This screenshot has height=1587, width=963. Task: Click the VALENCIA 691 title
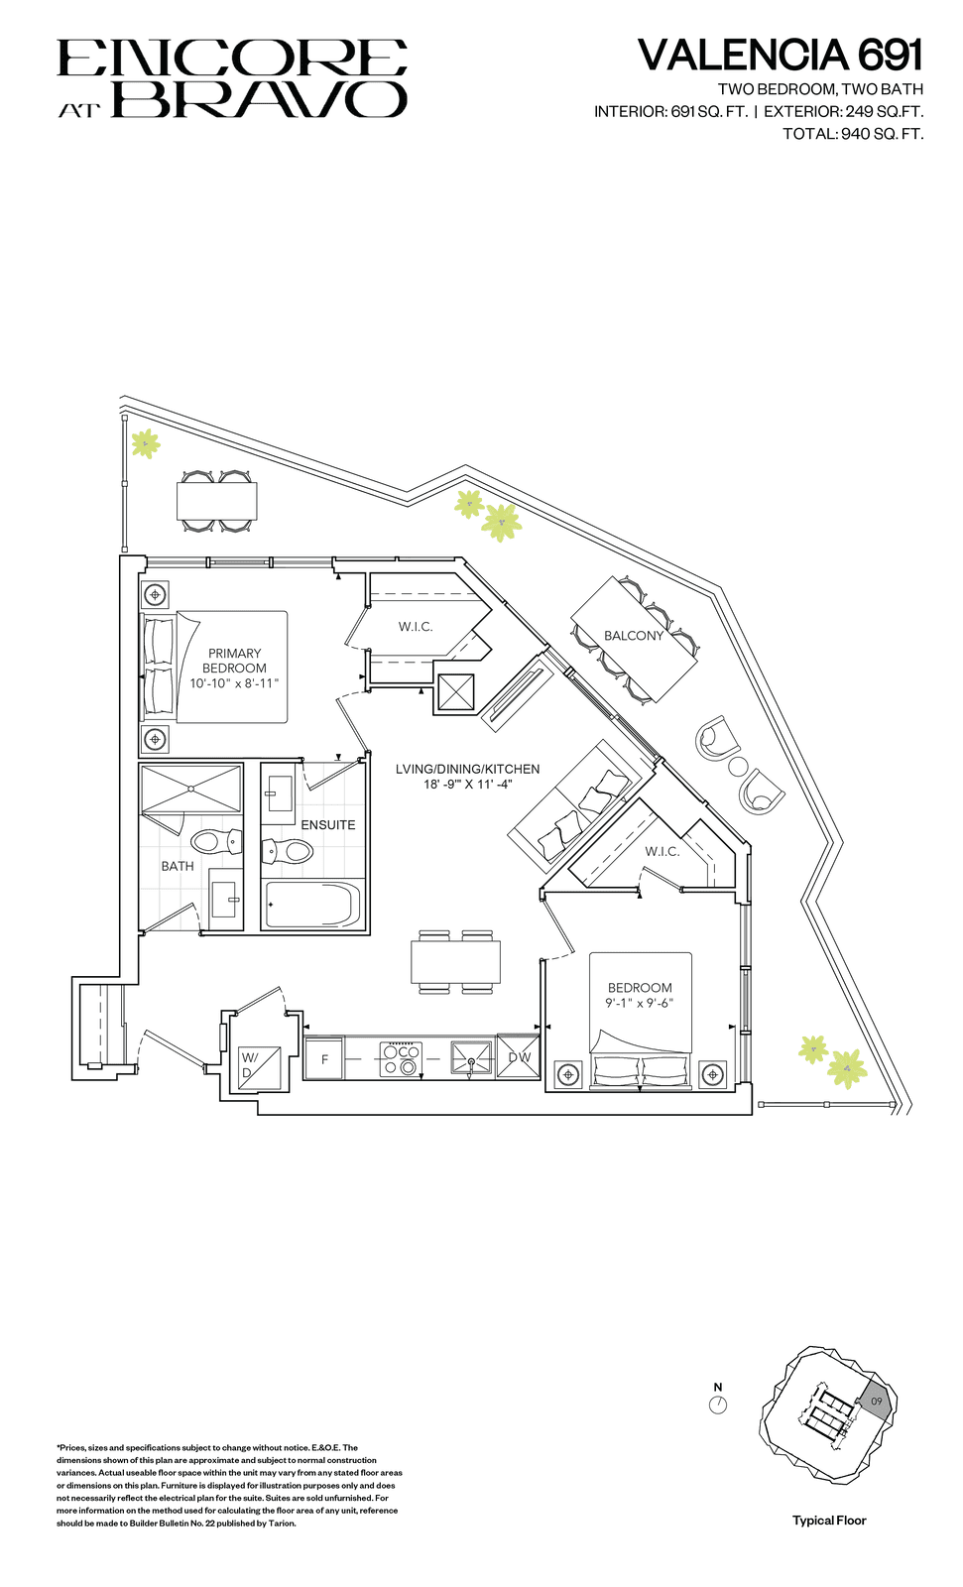pos(781,55)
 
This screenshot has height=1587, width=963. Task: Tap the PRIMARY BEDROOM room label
pos(234,661)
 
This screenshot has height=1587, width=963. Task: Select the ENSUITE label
pos(328,824)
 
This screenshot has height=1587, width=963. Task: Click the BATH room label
pos(178,866)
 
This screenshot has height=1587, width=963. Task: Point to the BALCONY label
pos(634,636)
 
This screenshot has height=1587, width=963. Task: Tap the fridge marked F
pos(324,1058)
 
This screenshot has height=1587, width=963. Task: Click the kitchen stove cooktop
pos(402,1059)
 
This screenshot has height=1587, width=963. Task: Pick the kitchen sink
pos(472,1058)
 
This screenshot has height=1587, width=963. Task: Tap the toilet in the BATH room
pos(217,841)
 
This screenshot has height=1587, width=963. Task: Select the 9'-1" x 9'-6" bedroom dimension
pos(639,1003)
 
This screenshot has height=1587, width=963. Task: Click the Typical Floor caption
pos(829,1520)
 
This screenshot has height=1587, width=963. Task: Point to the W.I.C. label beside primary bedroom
pos(416,626)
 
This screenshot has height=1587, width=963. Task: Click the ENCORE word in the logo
pos(232,58)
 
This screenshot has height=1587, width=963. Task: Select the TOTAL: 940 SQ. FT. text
pos(853,133)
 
